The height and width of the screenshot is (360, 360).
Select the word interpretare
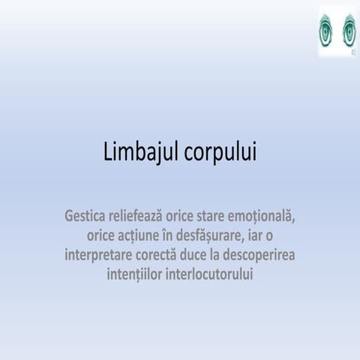coord(103,255)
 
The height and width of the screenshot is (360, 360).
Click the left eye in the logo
coord(328,32)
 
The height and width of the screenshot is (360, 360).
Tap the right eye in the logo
coord(348,32)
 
